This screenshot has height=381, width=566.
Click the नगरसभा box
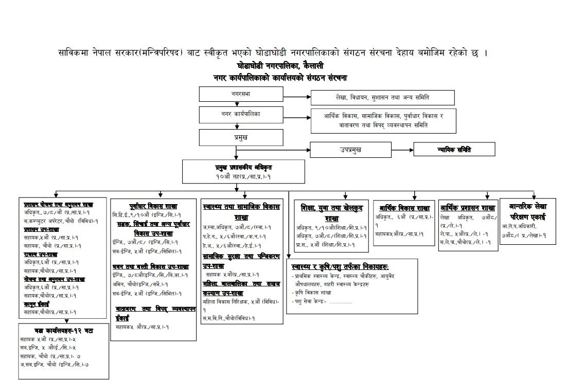[x=241, y=95]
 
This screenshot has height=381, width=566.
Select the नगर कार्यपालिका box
[x=241, y=114]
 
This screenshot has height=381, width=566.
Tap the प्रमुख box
[x=241, y=137]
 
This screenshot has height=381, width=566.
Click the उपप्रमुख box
[x=350, y=149]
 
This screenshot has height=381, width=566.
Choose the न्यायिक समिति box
[x=455, y=149]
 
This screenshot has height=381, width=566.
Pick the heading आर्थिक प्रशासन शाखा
[x=467, y=208]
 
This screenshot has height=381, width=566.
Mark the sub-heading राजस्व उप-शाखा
[x=41, y=254]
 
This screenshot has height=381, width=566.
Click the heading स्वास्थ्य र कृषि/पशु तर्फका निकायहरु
[x=340, y=267]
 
